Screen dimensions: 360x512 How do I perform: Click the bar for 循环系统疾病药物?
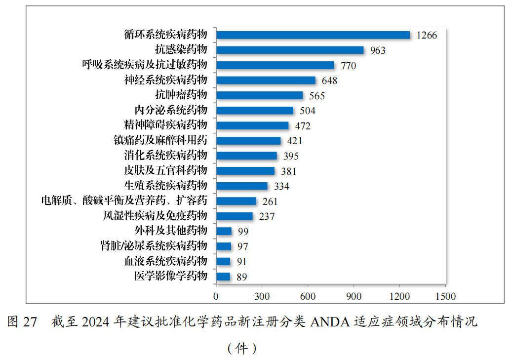(313, 35)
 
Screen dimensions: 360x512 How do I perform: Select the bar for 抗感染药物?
(290, 50)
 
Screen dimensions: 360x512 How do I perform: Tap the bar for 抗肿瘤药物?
(259, 95)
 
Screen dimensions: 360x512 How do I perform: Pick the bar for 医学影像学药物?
(223, 277)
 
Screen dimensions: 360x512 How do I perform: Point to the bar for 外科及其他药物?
(224, 231)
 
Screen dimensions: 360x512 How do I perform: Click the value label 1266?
(427, 35)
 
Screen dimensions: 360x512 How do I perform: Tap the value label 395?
(291, 156)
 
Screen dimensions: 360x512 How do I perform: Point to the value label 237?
(267, 216)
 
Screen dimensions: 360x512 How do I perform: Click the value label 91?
(241, 262)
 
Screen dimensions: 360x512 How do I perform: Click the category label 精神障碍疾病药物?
(166, 125)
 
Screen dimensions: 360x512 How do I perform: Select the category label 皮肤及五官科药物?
(166, 171)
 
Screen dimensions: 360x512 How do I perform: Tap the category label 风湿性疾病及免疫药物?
(155, 216)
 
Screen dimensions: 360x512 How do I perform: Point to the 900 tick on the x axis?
(354, 296)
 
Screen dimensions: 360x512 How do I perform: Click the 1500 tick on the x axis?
(445, 296)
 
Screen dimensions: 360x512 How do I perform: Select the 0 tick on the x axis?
(216, 296)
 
